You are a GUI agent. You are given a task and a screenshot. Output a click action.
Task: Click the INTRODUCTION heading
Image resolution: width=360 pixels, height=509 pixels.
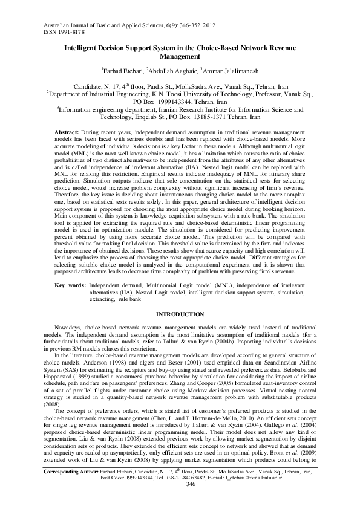click(180, 315)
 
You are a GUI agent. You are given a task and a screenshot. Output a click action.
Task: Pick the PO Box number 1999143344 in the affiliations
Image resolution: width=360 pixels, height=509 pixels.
click(175, 103)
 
